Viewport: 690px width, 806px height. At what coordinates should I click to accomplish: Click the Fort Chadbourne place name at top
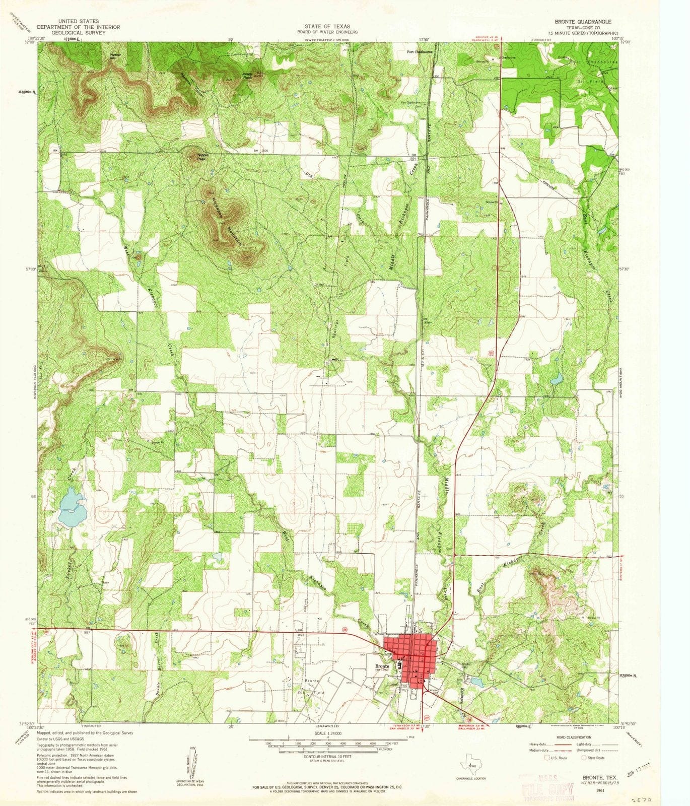[x=420, y=51]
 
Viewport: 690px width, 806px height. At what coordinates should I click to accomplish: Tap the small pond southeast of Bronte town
[x=476, y=682]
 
